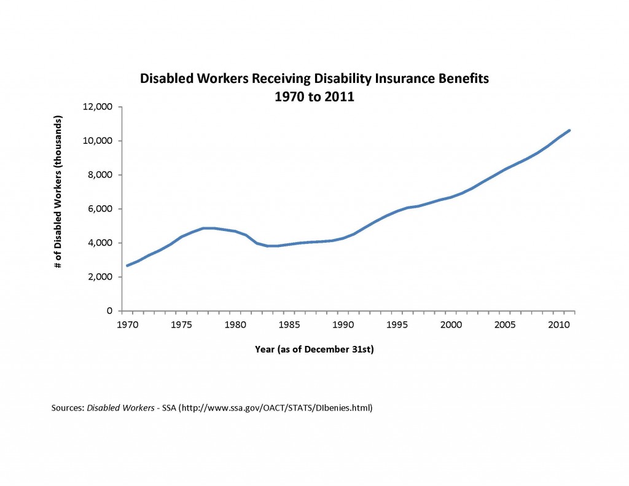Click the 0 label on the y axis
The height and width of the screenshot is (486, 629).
tap(111, 311)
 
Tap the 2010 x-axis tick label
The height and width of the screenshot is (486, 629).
tap(558, 323)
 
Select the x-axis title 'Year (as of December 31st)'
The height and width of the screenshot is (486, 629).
tap(314, 349)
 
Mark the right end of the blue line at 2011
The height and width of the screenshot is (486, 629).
tap(569, 130)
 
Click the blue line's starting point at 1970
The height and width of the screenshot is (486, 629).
tap(127, 265)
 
